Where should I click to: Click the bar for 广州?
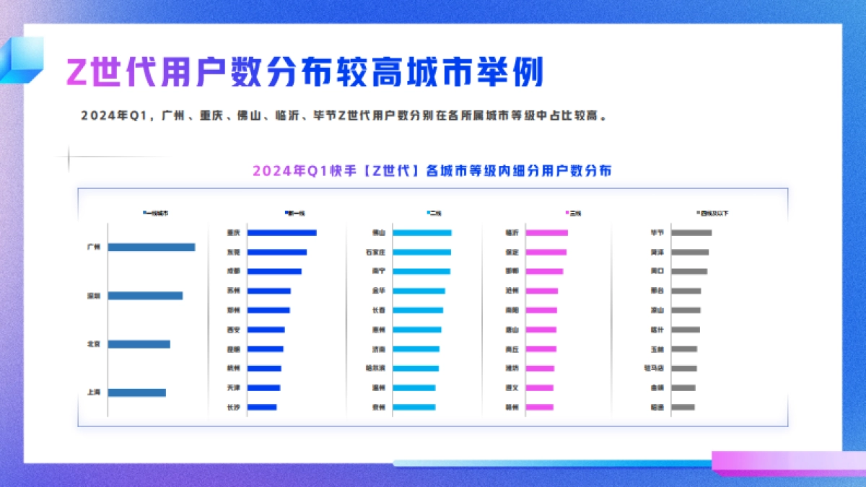(x=152, y=247)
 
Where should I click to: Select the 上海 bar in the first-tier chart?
(x=137, y=392)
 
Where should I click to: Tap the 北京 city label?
(x=93, y=344)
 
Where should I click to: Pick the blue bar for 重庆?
(x=281, y=232)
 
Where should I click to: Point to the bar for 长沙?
(x=262, y=407)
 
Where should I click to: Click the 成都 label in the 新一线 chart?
(x=233, y=271)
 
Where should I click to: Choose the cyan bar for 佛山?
(x=422, y=232)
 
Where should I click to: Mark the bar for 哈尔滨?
(x=416, y=368)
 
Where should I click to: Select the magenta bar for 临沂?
(x=546, y=232)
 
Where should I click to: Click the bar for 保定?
(x=546, y=252)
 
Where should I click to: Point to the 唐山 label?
(x=512, y=330)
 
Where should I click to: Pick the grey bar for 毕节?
(x=691, y=232)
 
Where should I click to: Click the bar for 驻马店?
(x=684, y=368)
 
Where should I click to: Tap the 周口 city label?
(x=657, y=271)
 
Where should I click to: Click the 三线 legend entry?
(x=574, y=213)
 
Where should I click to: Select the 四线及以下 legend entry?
(x=712, y=213)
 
